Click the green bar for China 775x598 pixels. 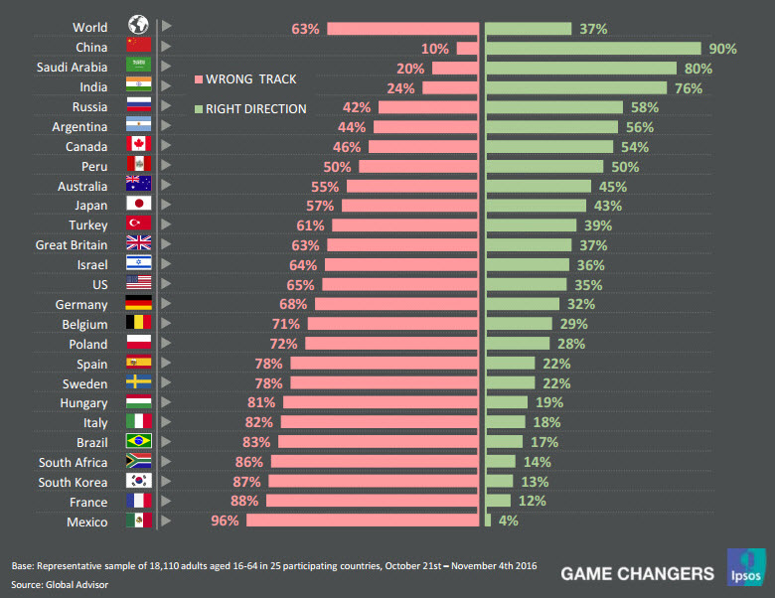(x=592, y=48)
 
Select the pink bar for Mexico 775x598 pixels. (x=363, y=521)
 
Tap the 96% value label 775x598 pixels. (x=226, y=521)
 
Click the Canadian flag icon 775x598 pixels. (x=138, y=146)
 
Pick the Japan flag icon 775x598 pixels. (x=138, y=206)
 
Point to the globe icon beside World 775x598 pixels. (x=138, y=27)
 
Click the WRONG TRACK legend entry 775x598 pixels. (x=250, y=78)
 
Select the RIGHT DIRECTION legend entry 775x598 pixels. (x=255, y=108)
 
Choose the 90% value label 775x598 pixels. (x=721, y=49)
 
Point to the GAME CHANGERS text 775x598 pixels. (x=637, y=573)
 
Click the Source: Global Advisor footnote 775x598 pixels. (x=60, y=584)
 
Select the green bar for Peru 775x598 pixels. (x=543, y=167)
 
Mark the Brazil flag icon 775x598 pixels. (x=138, y=441)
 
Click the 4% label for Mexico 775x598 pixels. (x=508, y=521)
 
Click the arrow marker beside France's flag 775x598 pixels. (x=167, y=501)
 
